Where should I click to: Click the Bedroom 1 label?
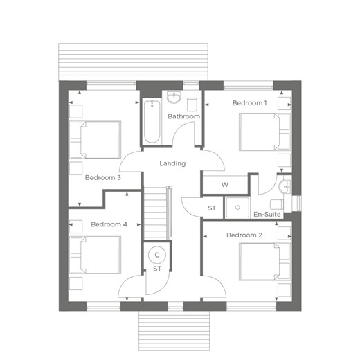[x=249, y=103]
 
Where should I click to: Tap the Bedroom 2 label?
[x=244, y=235]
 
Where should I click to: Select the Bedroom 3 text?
[x=103, y=178]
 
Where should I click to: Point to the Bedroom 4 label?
[x=109, y=224]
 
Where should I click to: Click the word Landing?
[x=172, y=163]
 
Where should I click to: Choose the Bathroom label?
[x=183, y=116]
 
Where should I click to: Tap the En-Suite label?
[x=267, y=215]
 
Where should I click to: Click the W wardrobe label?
[x=225, y=185]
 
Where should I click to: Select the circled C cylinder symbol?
[x=157, y=255]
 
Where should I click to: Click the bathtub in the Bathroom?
[x=152, y=122]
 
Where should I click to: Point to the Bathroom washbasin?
[x=174, y=98]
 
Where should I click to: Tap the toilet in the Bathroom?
[x=192, y=105]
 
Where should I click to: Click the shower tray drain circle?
[x=237, y=208]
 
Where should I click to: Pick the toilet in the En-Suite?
[x=277, y=205]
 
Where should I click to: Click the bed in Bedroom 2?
[x=264, y=262]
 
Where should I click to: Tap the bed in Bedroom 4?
[x=95, y=255]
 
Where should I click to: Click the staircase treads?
[x=155, y=213]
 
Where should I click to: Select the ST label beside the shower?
[x=212, y=208]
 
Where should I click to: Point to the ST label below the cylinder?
[x=157, y=269]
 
